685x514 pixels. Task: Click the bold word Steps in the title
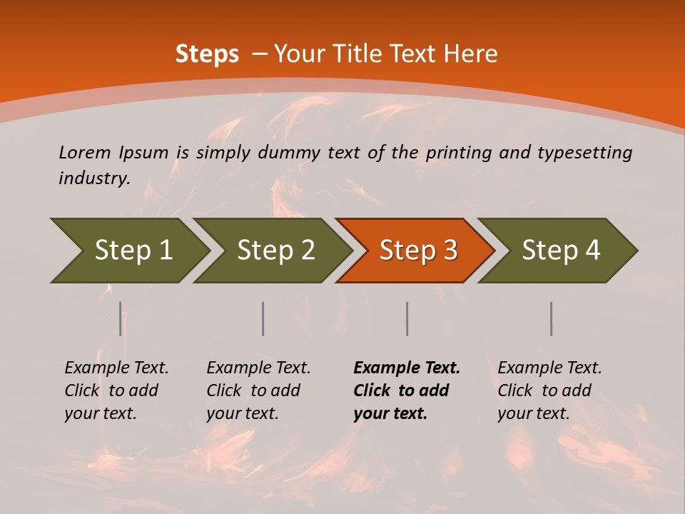(x=207, y=54)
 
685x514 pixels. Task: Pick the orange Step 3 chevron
(x=417, y=251)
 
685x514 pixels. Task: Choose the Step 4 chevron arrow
(x=560, y=251)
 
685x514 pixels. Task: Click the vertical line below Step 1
(x=120, y=318)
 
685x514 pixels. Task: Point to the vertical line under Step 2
(x=263, y=318)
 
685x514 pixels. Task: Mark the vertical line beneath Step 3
(x=407, y=318)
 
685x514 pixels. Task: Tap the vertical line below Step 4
(x=551, y=318)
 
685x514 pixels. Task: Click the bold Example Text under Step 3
(x=407, y=368)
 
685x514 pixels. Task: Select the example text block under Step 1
(x=116, y=390)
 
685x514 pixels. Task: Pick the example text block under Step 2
(x=258, y=390)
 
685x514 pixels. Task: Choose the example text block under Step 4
(x=549, y=390)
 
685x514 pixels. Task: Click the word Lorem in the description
(x=84, y=153)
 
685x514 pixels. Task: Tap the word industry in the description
(x=94, y=178)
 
